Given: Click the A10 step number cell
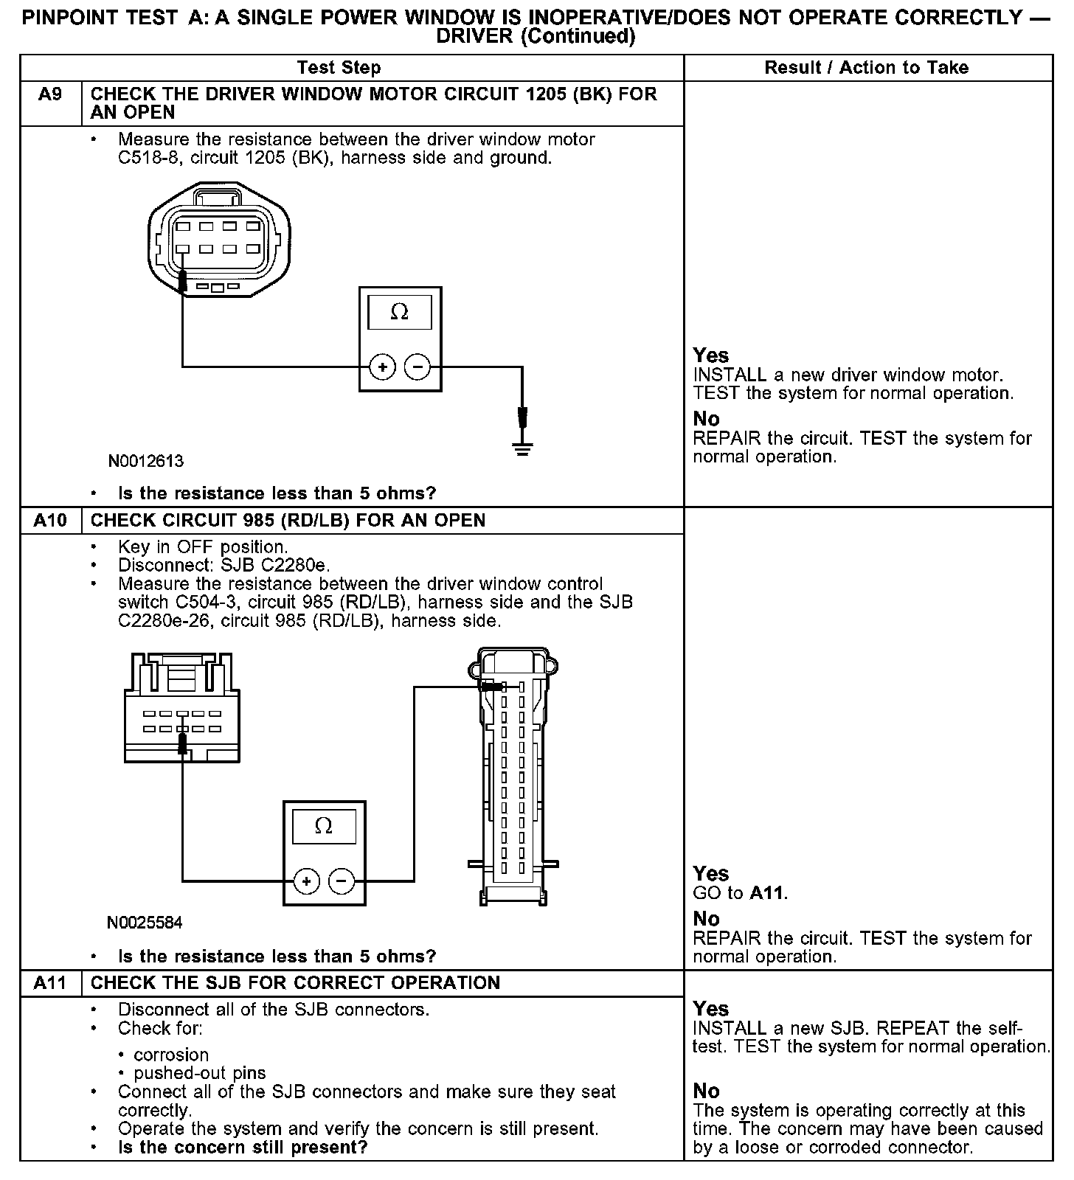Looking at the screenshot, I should pos(50,521).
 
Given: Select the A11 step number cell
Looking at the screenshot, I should pos(50,983).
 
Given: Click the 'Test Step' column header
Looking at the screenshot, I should pos(339,68).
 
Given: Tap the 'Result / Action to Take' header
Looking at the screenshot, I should pos(867,68).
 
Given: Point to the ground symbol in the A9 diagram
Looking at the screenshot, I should pos(522,448).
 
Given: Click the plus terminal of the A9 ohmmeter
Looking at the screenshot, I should pos(382,367).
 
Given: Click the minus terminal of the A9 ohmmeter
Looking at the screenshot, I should pos(418,367).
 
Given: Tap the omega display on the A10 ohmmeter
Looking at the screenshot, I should pos(324,826).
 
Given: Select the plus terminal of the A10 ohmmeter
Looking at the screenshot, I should pos(306,881).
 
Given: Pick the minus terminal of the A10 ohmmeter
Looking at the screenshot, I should pos(341,881).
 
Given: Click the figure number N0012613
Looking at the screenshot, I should pos(145,462).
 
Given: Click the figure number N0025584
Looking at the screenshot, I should pos(145,923).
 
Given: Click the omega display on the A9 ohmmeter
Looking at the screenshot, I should pos(399,313).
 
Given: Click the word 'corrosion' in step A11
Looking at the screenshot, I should pos(171,1055).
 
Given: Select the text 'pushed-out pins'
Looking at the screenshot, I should pos(199,1073).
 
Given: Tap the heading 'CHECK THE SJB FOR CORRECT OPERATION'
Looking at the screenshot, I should pos(295,983).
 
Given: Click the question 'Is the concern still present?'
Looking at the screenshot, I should pos(243,1148).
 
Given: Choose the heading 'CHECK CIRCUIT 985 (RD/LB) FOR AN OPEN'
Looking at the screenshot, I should pos(288,521).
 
